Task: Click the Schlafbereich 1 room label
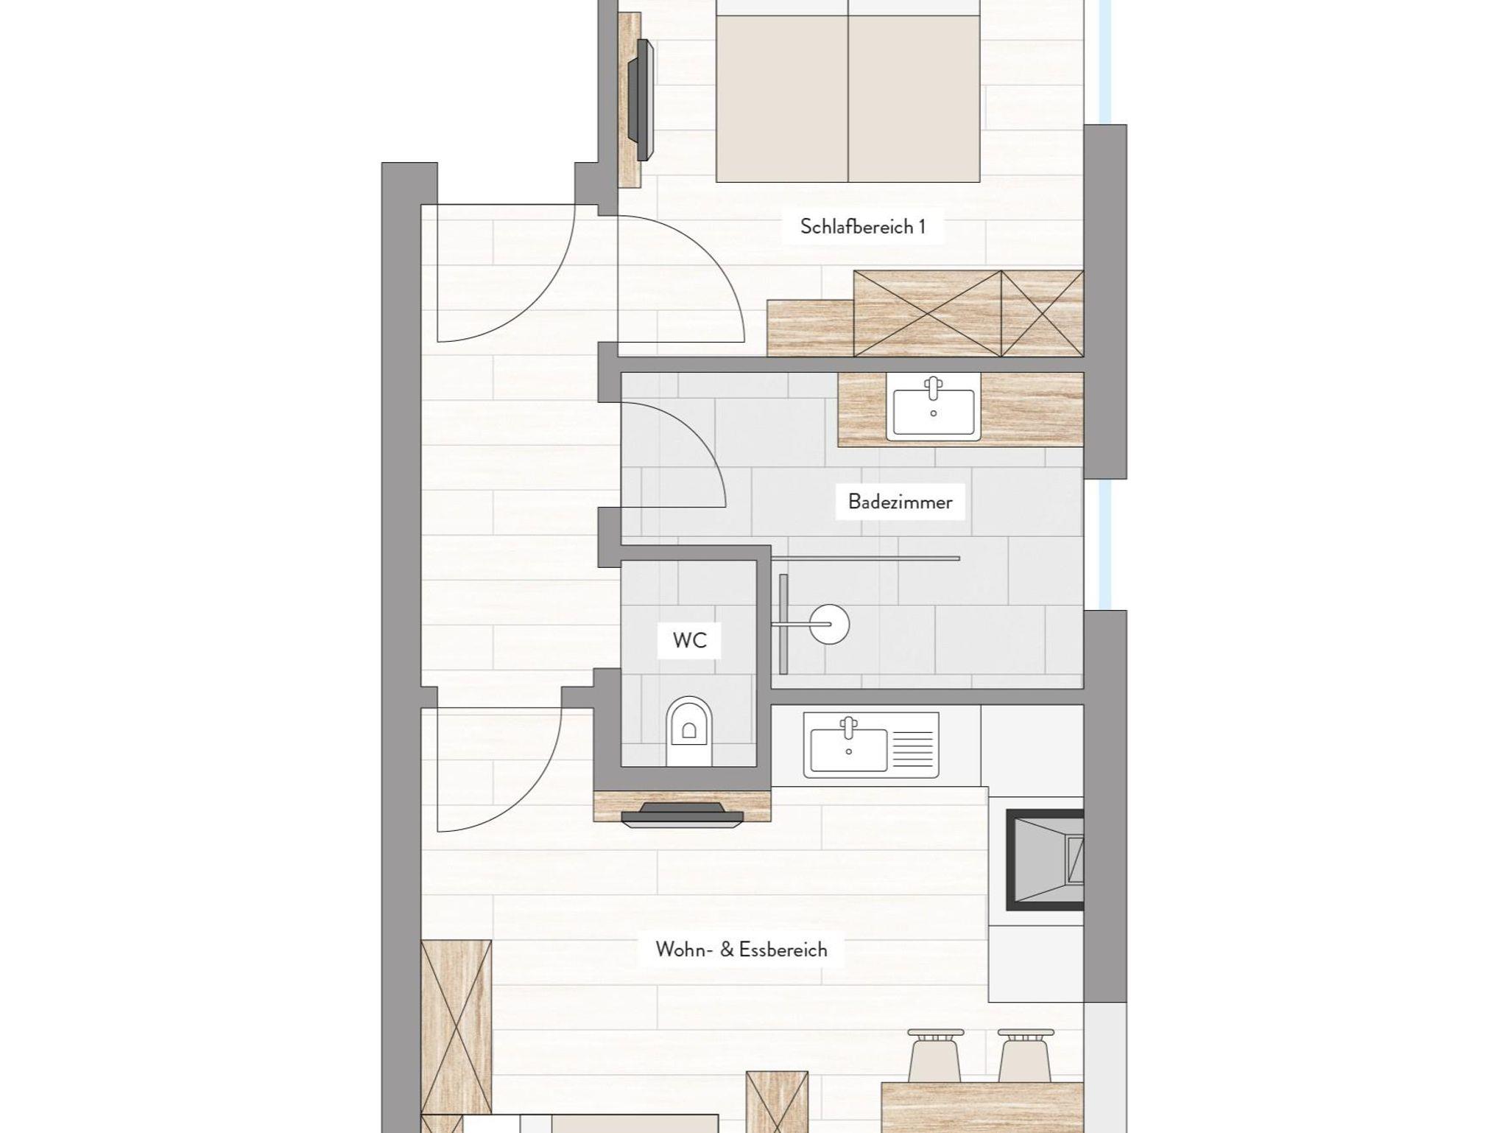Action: click(862, 226)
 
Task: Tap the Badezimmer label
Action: click(900, 502)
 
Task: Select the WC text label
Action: click(689, 640)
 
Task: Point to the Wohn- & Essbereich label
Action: click(741, 950)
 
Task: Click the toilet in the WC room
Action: click(689, 731)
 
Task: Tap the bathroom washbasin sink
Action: click(934, 407)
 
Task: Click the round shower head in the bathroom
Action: click(829, 625)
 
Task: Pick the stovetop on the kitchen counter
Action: click(1045, 860)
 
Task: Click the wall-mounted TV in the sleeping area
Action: click(640, 100)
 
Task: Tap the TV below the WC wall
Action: click(682, 815)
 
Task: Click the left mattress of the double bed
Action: click(782, 98)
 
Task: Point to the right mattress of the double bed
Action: click(915, 98)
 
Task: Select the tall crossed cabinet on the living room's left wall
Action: click(457, 1027)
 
